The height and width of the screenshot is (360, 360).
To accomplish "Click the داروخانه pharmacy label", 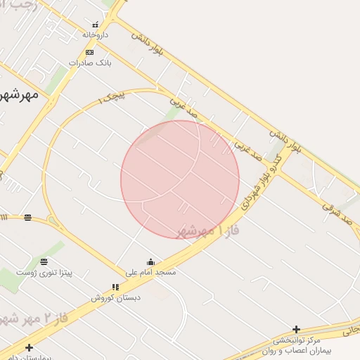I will pyautogui.click(x=95, y=34).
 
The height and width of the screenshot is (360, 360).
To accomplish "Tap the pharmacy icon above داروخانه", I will pyautogui.click(x=95, y=25).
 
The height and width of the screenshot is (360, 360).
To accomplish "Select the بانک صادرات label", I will pyautogui.click(x=89, y=63).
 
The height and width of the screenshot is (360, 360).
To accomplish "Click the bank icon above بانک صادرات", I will pyautogui.click(x=89, y=52).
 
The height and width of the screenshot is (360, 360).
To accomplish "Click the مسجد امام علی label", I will pyautogui.click(x=150, y=271).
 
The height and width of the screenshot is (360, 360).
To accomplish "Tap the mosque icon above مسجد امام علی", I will pyautogui.click(x=150, y=262).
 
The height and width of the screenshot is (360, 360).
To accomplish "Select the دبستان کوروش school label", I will pyautogui.click(x=115, y=297).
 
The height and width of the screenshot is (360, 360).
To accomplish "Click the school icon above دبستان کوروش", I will pyautogui.click(x=115, y=287).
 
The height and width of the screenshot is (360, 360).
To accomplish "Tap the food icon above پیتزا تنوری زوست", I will pyautogui.click(x=44, y=262).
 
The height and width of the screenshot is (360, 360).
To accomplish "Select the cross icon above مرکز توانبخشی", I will pyautogui.click(x=297, y=329).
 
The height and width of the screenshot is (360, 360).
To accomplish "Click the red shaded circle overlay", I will pyautogui.click(x=180, y=179).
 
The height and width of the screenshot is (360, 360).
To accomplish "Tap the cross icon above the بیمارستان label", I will pyautogui.click(x=29, y=347).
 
